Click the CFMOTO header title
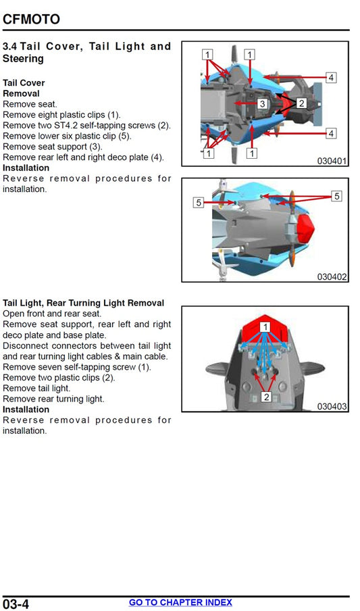31,19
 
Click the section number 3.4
10,47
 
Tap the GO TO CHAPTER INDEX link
180,602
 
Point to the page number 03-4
16,604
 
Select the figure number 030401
332,161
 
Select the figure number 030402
332,276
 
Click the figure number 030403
332,406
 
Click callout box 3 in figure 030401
262,103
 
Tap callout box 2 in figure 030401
301,103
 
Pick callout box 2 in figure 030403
266,397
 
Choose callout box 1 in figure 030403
266,326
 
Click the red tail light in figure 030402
304,227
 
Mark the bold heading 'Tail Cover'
24,83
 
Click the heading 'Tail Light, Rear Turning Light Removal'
83,303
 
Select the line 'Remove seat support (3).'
53,147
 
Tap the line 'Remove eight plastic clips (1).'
62,115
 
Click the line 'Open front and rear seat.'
52,314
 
